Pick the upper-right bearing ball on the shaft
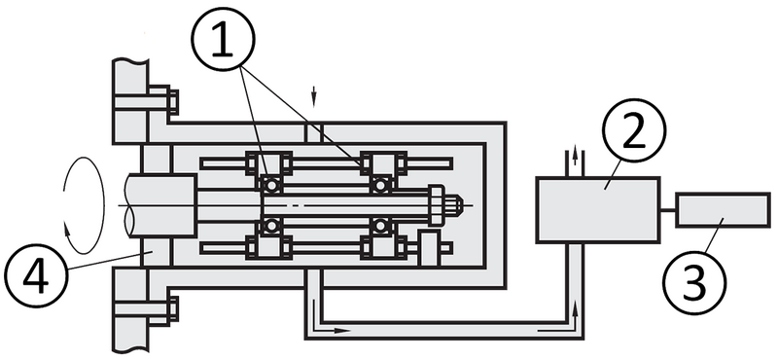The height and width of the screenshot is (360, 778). [381, 181]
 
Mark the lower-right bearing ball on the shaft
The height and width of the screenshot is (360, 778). [381, 230]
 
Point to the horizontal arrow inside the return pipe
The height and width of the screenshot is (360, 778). [340, 330]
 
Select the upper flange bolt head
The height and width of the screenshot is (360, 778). [166, 100]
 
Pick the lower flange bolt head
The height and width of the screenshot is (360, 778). [166, 310]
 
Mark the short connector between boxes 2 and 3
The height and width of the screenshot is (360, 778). [668, 207]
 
